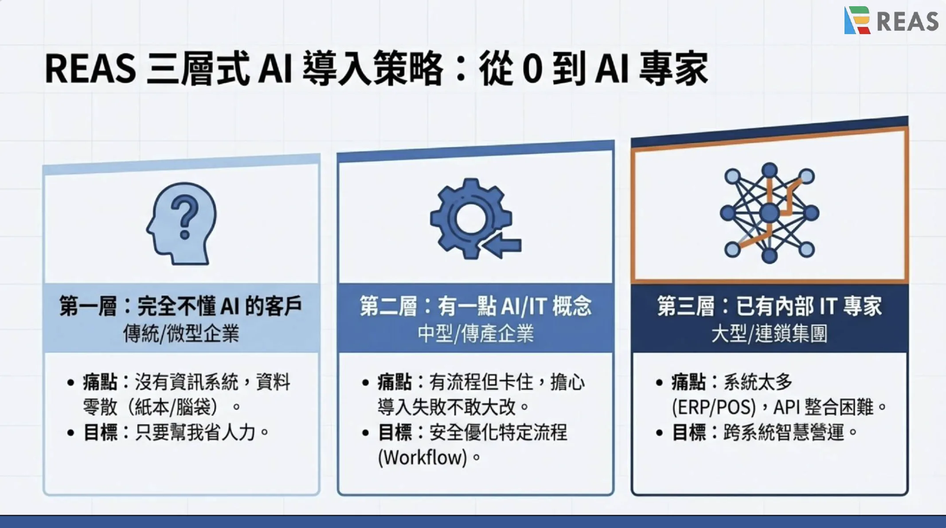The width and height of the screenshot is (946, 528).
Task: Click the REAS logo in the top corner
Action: [x=891, y=20]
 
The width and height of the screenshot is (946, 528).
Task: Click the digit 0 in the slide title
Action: [x=532, y=69]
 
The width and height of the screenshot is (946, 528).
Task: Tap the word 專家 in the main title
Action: [x=673, y=69]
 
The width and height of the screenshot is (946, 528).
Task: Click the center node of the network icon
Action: [x=769, y=213]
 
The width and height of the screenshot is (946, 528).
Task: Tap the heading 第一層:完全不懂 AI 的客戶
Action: [x=181, y=306]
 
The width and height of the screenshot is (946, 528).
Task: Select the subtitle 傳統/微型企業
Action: [x=181, y=334]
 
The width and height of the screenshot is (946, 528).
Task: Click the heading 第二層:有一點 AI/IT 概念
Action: [x=475, y=306]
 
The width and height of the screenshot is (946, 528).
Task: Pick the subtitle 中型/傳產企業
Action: [x=475, y=334]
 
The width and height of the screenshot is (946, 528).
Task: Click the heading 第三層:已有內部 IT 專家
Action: [x=770, y=306]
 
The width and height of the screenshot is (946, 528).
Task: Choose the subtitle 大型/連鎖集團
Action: [x=770, y=334]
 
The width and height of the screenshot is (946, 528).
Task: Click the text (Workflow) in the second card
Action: [x=422, y=457]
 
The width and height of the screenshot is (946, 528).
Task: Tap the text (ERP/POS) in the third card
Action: [x=714, y=407]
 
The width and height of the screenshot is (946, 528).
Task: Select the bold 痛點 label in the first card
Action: [x=100, y=382]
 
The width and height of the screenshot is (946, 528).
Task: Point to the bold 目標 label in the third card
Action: [x=688, y=432]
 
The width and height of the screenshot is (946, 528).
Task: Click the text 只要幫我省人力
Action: [x=195, y=432]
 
